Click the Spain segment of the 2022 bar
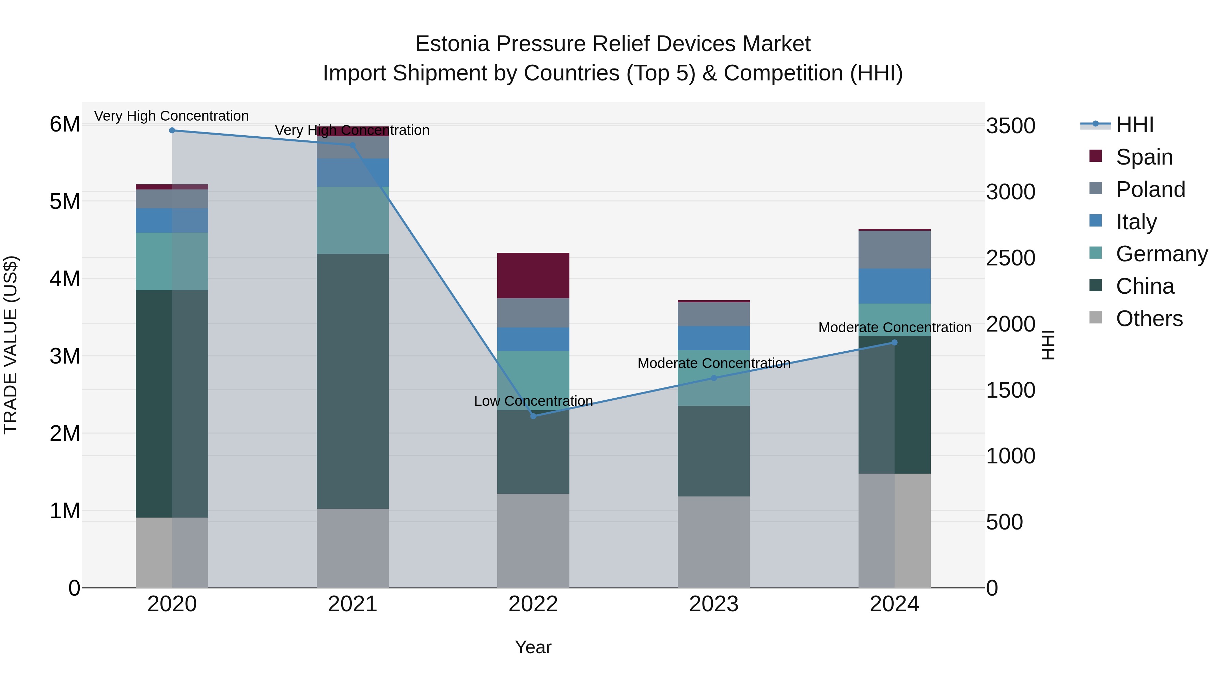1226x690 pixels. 533,275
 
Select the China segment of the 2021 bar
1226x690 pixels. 353,381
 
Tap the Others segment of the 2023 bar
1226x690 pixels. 713,542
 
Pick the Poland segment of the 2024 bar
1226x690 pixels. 894,249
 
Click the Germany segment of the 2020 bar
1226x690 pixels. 172,261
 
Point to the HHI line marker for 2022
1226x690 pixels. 533,416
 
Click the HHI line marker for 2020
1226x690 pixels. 172,131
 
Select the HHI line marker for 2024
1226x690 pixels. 894,342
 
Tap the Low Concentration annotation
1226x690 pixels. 533,401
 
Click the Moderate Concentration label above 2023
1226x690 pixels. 713,363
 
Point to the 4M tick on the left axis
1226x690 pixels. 65,279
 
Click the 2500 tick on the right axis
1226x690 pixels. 1010,258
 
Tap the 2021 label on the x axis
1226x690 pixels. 353,604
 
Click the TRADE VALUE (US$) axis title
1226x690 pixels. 11,345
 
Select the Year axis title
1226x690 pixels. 533,647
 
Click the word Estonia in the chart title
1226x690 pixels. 452,44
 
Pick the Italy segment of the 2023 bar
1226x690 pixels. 713,338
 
